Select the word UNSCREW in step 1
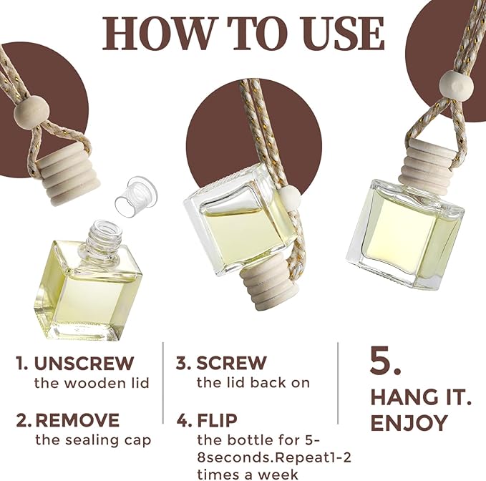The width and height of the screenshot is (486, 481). tap(84, 363)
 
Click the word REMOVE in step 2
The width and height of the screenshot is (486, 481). tap(77, 420)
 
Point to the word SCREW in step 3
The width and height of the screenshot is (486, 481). tap(231, 363)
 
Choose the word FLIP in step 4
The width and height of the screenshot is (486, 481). tap(218, 421)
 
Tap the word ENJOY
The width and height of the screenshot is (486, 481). tap(409, 423)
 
